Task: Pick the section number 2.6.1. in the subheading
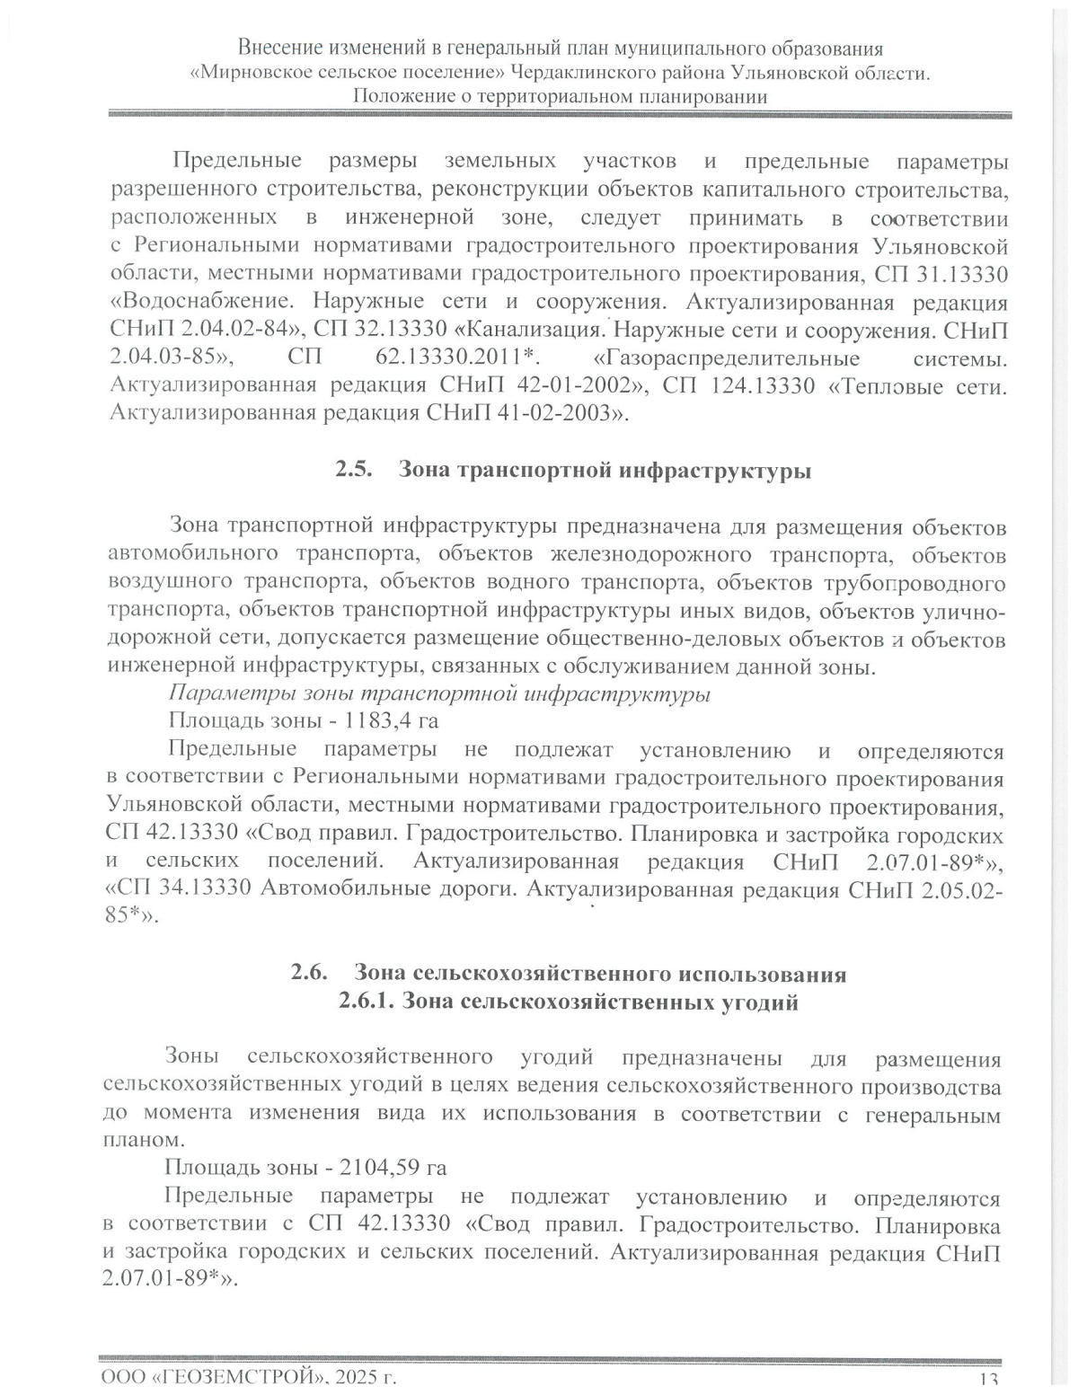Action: (x=366, y=1002)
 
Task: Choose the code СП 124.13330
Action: (x=738, y=386)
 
